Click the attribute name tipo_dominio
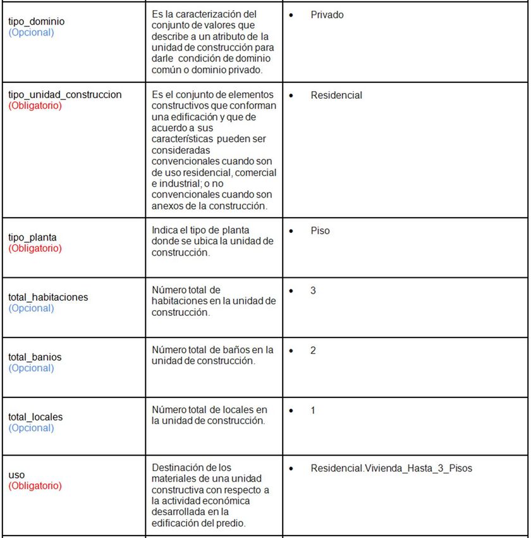click(36, 22)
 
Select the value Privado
click(327, 15)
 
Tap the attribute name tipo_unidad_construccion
click(64, 95)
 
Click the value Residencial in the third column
click(336, 96)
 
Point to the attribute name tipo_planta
click(32, 237)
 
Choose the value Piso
click(320, 231)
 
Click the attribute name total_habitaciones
click(48, 297)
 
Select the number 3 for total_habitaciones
click(313, 291)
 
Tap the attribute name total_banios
click(35, 358)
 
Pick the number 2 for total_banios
click(313, 351)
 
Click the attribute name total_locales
click(35, 418)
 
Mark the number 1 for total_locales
click(313, 411)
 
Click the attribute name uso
click(16, 475)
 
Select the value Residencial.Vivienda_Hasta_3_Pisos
click(391, 469)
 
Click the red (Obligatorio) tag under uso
click(35, 486)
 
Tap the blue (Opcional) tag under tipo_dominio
click(31, 32)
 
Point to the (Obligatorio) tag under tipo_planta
click(35, 249)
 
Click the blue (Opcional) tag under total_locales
click(31, 429)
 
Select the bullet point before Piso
click(291, 232)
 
